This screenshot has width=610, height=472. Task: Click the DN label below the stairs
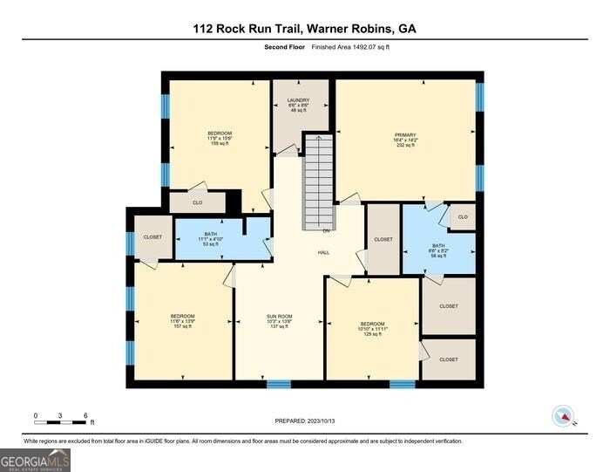click(325, 231)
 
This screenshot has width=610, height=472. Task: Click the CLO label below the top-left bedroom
click(198, 202)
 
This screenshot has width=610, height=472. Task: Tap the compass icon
click(564, 417)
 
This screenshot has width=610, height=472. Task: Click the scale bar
click(60, 422)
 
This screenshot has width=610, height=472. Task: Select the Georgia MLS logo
click(35, 460)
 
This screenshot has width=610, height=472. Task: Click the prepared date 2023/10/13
click(305, 421)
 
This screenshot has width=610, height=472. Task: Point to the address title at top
click(305, 29)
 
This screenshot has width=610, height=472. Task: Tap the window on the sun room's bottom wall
click(278, 384)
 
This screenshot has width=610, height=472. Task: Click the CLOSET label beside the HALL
click(383, 239)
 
